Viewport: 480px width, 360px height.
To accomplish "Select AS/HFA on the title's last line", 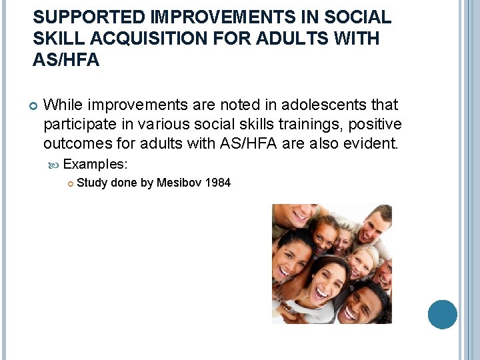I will click(x=66, y=61).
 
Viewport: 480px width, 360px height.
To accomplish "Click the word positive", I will click(x=374, y=124).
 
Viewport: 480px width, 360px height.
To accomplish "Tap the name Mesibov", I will click(x=180, y=183).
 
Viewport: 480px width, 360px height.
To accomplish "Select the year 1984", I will click(x=219, y=183).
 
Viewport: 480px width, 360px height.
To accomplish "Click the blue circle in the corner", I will click(x=442, y=314).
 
